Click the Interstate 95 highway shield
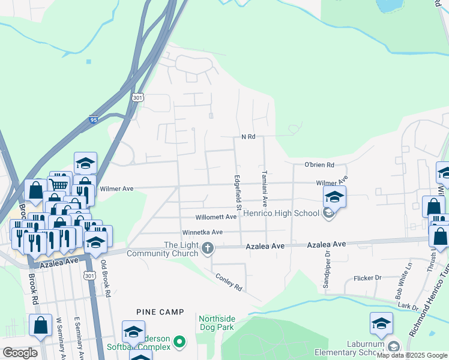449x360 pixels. (93, 119)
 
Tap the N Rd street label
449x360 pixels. (249, 137)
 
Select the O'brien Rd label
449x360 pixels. (319, 165)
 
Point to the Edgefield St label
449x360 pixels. (238, 192)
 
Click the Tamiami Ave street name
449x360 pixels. (264, 189)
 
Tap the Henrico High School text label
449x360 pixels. (282, 213)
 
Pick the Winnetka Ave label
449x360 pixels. (203, 232)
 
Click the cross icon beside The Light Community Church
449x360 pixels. (208, 248)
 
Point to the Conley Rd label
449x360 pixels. (229, 282)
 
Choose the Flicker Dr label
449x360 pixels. (367, 278)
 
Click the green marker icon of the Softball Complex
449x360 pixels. (178, 342)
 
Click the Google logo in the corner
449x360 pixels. (20, 353)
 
